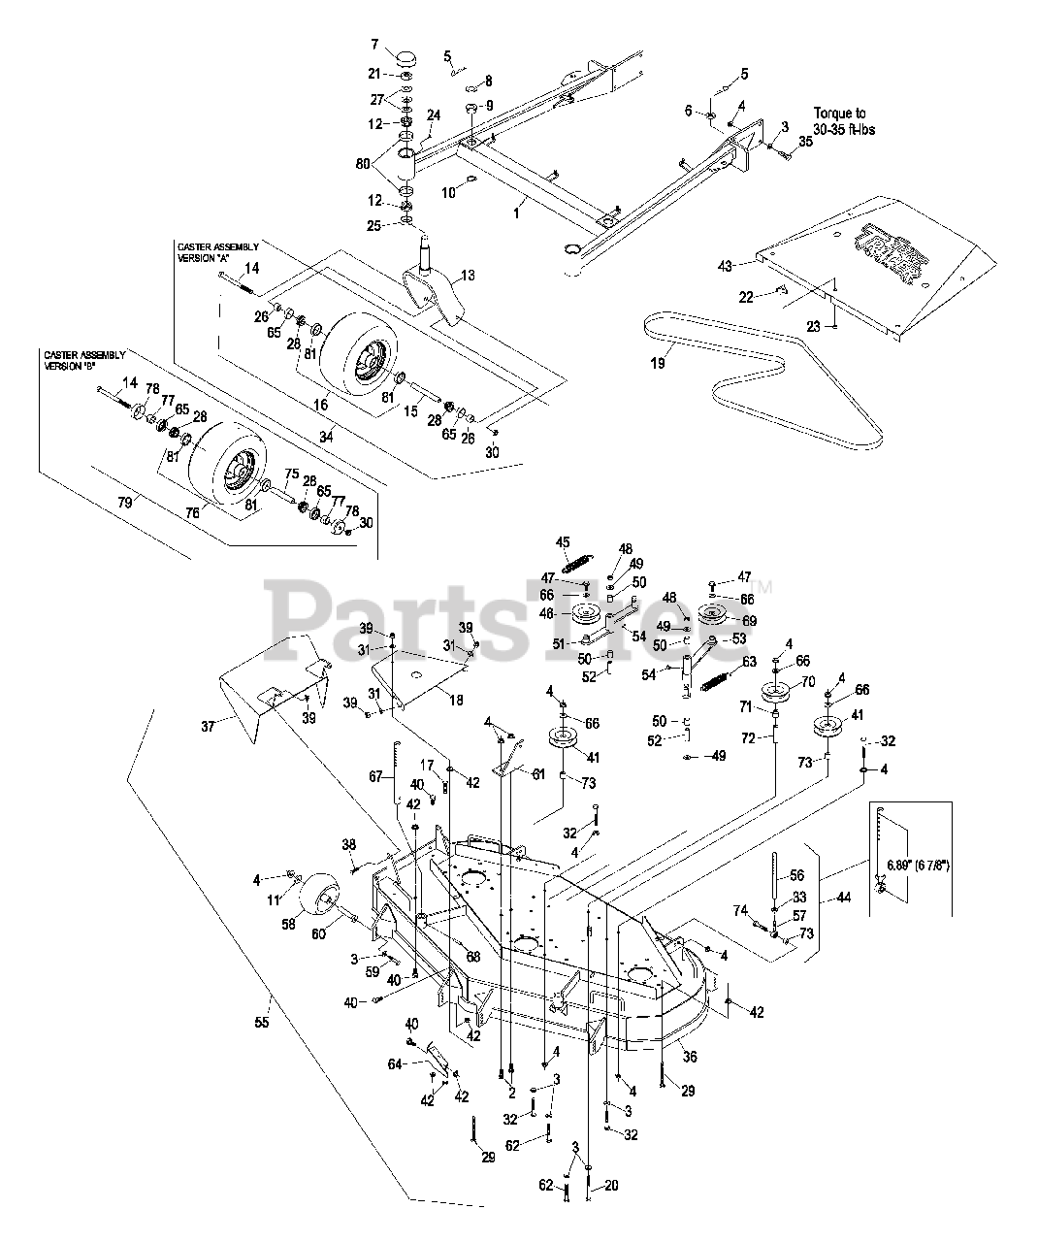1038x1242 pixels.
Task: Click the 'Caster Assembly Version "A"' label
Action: point(217,253)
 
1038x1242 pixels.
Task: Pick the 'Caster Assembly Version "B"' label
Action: point(83,360)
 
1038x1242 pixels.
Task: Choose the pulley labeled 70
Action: point(776,692)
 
